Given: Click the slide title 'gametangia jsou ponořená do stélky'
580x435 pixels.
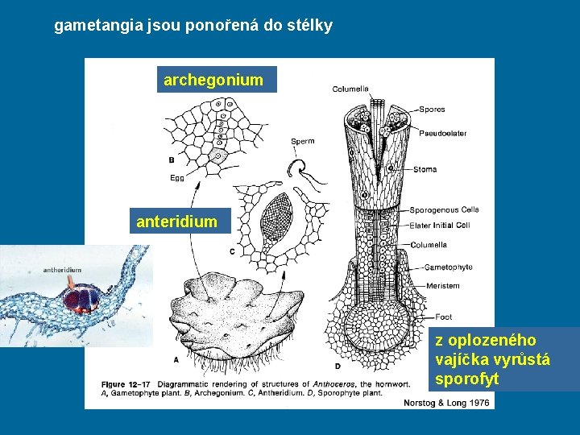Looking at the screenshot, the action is (193, 26).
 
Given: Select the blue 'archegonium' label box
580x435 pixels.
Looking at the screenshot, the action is (213, 80).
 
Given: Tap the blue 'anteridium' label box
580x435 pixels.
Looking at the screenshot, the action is (177, 221).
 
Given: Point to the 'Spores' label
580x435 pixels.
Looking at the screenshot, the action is (432, 110).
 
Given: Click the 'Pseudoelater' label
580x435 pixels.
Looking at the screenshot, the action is (442, 133).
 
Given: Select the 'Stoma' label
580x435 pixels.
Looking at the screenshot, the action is (425, 169).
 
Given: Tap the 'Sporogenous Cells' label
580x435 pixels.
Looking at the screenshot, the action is (444, 209).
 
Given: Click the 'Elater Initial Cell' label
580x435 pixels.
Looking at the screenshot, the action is (441, 225).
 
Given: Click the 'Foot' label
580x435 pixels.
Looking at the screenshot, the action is (444, 317).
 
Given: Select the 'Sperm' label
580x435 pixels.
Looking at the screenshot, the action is (302, 142).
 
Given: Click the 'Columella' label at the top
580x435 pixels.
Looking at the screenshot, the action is (350, 89).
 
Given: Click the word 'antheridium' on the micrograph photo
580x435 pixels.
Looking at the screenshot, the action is (62, 269).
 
